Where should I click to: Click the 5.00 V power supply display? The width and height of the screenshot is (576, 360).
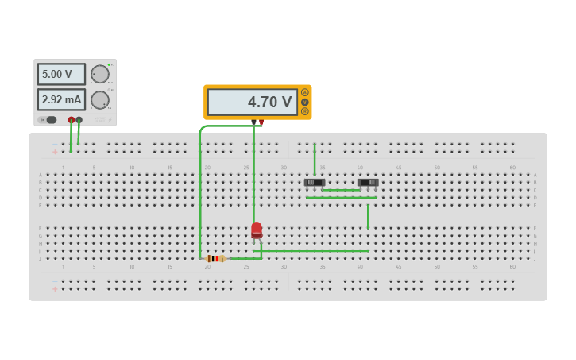[x=60, y=74]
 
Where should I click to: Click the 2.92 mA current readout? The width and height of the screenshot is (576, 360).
[x=60, y=99]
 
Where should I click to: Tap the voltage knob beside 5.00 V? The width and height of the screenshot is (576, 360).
[x=99, y=74]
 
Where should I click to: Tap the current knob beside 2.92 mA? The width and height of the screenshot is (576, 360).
[x=99, y=99]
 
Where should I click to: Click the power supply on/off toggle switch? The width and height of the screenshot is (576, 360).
[x=48, y=120]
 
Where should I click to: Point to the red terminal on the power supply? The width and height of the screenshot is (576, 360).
[x=72, y=120]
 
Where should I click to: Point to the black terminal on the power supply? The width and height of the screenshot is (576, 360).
[x=79, y=120]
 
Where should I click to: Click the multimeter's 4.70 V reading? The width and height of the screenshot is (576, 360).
[x=253, y=102]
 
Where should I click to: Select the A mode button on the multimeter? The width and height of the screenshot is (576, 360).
[x=304, y=92]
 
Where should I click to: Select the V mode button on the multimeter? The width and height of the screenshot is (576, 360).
[x=304, y=102]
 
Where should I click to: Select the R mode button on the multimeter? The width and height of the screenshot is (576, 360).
[x=304, y=111]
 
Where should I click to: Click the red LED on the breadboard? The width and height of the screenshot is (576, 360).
[x=257, y=230]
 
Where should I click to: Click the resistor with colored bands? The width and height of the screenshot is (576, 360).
[x=215, y=258]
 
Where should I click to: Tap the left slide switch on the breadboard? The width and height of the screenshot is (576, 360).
[x=315, y=183]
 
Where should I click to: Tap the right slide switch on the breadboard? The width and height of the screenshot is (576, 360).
[x=368, y=183]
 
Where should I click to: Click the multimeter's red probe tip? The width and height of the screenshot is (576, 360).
[x=261, y=122]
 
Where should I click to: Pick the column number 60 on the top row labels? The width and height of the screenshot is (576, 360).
[x=512, y=168]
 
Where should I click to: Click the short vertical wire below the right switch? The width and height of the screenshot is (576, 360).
[x=368, y=216]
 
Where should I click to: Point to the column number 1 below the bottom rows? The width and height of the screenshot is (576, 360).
[x=63, y=267]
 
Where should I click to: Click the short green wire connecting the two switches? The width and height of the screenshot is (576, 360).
[x=341, y=190]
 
